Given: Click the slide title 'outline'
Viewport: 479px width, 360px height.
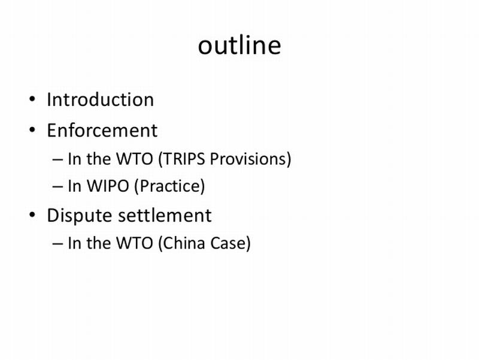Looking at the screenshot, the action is click(x=239, y=46).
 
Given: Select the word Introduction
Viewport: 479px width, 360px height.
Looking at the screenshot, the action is click(x=100, y=99).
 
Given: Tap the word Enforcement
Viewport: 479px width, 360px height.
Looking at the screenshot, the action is click(x=102, y=130).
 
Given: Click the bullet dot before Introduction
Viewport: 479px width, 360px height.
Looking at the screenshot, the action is click(x=32, y=99).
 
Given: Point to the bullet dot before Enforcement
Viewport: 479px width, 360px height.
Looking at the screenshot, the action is click(x=32, y=129).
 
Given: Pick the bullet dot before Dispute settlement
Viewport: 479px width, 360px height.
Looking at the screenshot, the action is click(x=32, y=215).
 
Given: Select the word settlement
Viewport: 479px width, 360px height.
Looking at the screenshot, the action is click(x=165, y=215).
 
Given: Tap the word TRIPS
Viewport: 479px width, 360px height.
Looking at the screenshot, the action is click(x=182, y=159).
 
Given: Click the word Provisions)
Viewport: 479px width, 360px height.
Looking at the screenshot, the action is click(x=250, y=159).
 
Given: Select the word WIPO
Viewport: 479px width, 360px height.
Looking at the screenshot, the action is click(x=108, y=186).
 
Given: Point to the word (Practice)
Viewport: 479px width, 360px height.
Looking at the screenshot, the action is click(x=169, y=186).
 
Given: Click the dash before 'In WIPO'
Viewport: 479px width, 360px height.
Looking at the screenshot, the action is click(x=57, y=187).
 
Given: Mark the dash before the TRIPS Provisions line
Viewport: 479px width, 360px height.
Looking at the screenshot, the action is click(x=57, y=160).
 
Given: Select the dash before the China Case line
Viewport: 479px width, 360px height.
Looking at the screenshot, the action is click(x=57, y=244).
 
